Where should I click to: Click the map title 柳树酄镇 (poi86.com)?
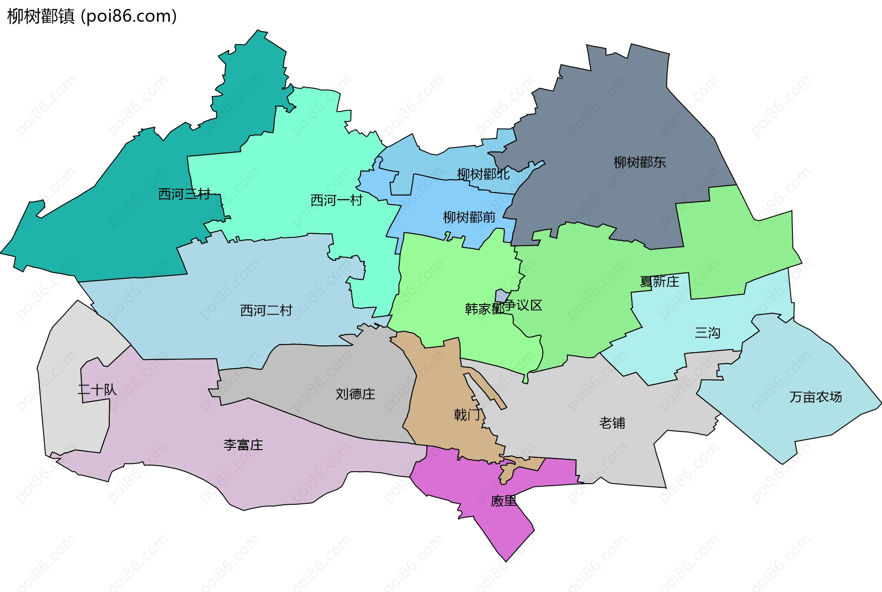point(92,16)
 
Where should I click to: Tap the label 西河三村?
point(184,194)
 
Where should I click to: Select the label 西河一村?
point(336,200)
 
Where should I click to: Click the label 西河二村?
point(266,310)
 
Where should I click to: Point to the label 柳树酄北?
point(483,174)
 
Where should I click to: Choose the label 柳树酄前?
point(469,217)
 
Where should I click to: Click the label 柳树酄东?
point(639,162)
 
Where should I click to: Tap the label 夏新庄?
point(659,282)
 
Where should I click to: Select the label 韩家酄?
point(484,309)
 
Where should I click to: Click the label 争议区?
point(524,305)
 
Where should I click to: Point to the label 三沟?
point(707,333)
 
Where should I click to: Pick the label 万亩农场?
point(815,397)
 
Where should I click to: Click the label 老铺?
point(612,423)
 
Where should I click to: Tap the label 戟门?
point(467,415)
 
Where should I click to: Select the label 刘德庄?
point(355,394)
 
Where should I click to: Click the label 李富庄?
point(243,445)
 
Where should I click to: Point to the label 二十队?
point(97,390)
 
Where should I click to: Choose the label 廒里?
point(503,501)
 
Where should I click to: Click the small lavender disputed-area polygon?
point(501,296)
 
